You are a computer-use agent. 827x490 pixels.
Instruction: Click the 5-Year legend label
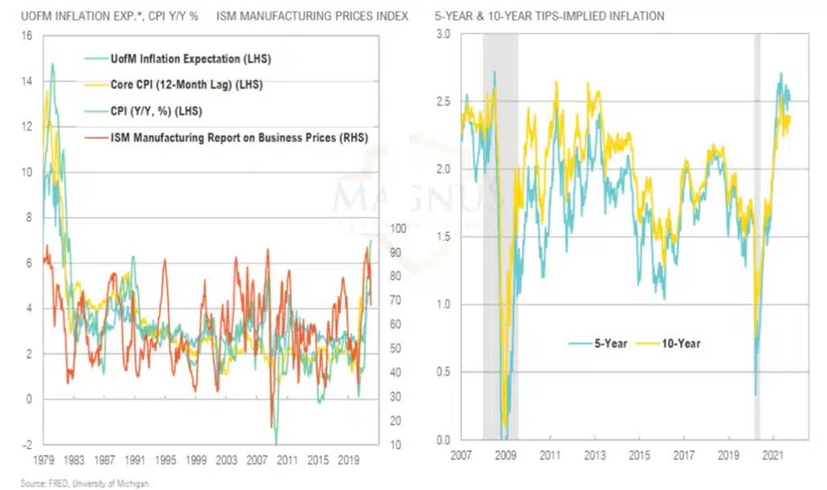pyautogui.click(x=611, y=343)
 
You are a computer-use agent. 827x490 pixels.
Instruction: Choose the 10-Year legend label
pyautogui.click(x=681, y=343)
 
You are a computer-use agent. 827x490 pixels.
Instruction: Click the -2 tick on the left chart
pyautogui.click(x=26, y=445)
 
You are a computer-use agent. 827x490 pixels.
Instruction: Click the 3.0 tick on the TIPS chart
pyautogui.click(x=443, y=34)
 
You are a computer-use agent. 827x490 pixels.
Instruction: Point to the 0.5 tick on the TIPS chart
pyautogui.click(x=443, y=372)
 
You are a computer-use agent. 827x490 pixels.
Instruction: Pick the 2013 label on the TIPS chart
pyautogui.click(x=594, y=455)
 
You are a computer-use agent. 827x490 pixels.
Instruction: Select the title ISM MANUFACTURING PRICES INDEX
pyautogui.click(x=312, y=16)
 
